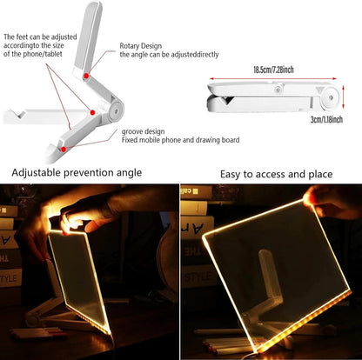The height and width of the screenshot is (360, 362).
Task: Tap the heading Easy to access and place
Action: pos(275,174)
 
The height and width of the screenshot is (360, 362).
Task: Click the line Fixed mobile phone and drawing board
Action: pos(182,139)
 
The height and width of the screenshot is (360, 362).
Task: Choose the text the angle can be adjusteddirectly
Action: pos(169,54)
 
